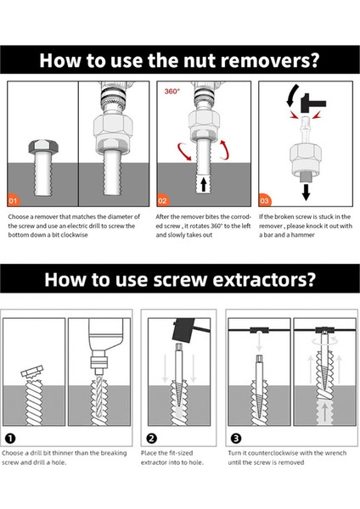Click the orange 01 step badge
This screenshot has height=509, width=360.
(13, 200)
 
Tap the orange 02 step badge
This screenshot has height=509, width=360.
(162, 200)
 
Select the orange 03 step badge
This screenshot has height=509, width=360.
(264, 200)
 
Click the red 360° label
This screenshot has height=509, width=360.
(172, 92)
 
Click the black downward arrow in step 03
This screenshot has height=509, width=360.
(306, 192)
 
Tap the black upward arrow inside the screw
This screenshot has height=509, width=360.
(204, 184)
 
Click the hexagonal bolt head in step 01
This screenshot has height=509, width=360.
(43, 147)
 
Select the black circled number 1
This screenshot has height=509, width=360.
(11, 439)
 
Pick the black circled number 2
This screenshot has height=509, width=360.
(152, 439)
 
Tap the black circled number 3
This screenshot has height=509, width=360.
(236, 439)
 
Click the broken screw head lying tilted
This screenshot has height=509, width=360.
(32, 372)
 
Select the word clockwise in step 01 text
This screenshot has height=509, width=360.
(75, 235)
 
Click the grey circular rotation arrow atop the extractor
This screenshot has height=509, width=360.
(324, 341)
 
